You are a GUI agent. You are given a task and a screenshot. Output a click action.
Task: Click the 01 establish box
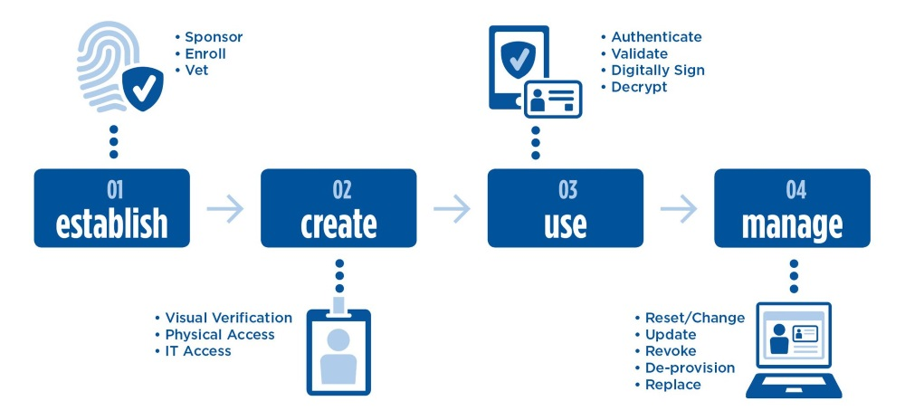point(112,208)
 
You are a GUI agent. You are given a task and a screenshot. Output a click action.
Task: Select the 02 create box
point(338,208)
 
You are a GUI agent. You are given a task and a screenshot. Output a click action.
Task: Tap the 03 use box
point(566,208)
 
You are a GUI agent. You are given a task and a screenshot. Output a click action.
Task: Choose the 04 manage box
point(792,208)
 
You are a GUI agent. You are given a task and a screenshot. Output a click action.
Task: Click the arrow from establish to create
point(225,209)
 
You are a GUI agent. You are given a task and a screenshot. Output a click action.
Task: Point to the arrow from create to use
point(452,209)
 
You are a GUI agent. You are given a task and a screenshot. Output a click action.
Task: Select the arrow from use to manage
point(679,209)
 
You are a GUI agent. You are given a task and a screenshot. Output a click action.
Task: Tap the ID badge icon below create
point(339,349)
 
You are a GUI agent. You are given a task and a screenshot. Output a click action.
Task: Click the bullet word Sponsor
point(214,37)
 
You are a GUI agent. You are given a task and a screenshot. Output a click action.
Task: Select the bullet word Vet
point(196,70)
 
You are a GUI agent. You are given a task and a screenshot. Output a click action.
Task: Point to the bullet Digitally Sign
point(657,70)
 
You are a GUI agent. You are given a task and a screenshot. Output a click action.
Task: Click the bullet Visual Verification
point(228,318)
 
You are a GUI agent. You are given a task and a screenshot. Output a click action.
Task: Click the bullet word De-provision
point(690,367)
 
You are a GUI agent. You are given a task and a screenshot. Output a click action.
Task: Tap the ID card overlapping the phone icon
point(552,99)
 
